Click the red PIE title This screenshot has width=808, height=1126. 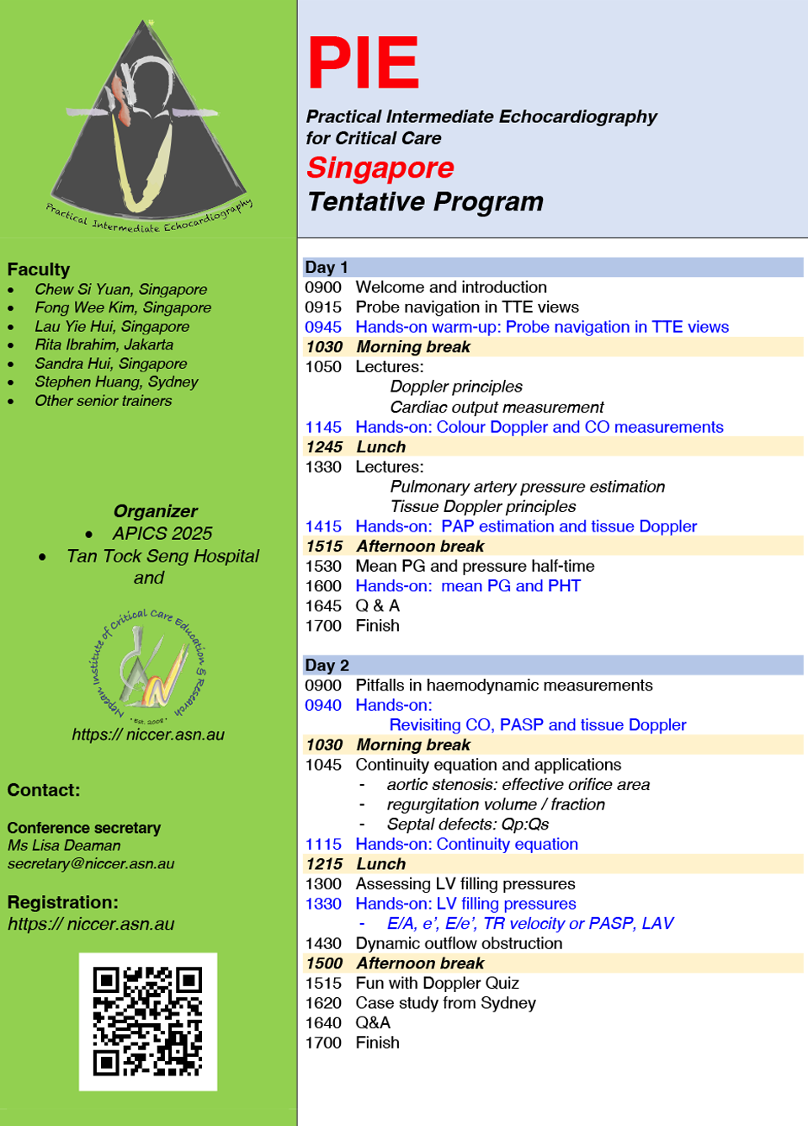pos(363,63)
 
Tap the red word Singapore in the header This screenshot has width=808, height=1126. pos(380,168)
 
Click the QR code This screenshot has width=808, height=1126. pos(148,1022)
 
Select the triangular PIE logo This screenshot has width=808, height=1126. pos(147,126)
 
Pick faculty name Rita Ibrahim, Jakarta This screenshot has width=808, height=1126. pos(104,344)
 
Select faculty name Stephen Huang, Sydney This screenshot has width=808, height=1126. pos(116,382)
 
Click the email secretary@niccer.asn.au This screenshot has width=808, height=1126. pos(91,863)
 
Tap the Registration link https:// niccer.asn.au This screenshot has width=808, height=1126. pos(91,924)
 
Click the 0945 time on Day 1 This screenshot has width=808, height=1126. pos(323,327)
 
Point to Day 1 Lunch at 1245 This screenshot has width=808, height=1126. pos(380,447)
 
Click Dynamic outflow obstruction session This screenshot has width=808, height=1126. pos(459,943)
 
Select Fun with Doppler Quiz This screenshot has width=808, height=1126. pos(437,983)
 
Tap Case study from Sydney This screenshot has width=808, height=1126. pos(445,1003)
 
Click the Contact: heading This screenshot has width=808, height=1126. pos(44,790)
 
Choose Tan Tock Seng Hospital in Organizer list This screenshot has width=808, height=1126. pos(162,556)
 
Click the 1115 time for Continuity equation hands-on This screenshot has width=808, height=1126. pos(323,844)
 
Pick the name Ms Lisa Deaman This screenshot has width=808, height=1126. pos(64,845)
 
